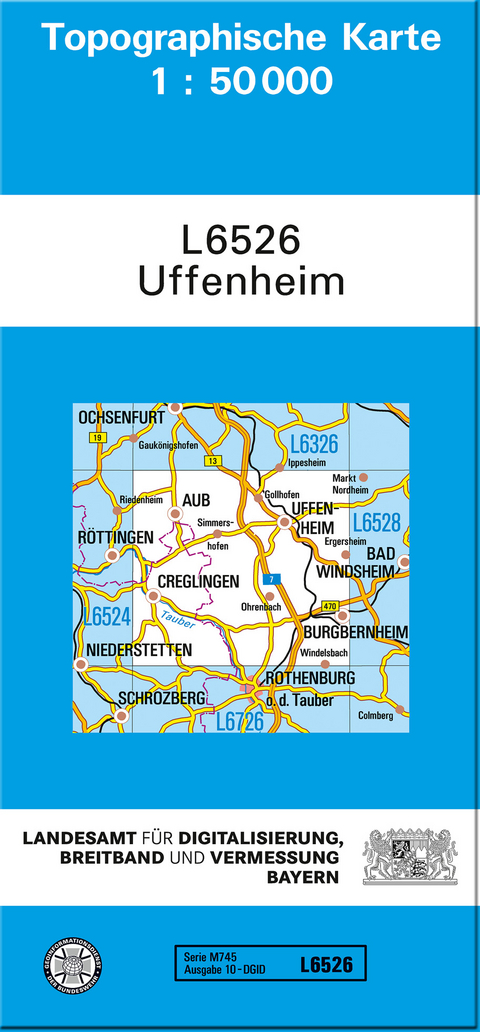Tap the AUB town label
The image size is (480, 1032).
click(x=196, y=500)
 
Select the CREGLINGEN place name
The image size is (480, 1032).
click(x=197, y=581)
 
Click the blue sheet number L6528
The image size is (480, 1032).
click(x=376, y=522)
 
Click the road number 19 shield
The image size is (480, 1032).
click(x=96, y=438)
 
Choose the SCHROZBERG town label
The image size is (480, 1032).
click(x=163, y=697)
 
